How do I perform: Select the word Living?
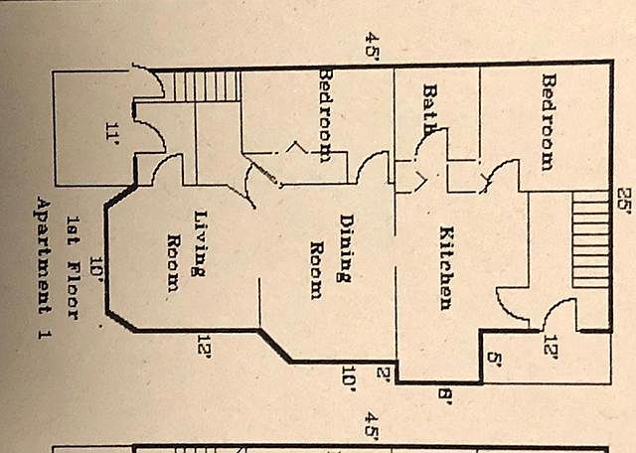[200, 230]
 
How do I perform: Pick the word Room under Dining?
[317, 269]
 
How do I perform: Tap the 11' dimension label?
[112, 129]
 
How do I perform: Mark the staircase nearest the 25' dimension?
[590, 239]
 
